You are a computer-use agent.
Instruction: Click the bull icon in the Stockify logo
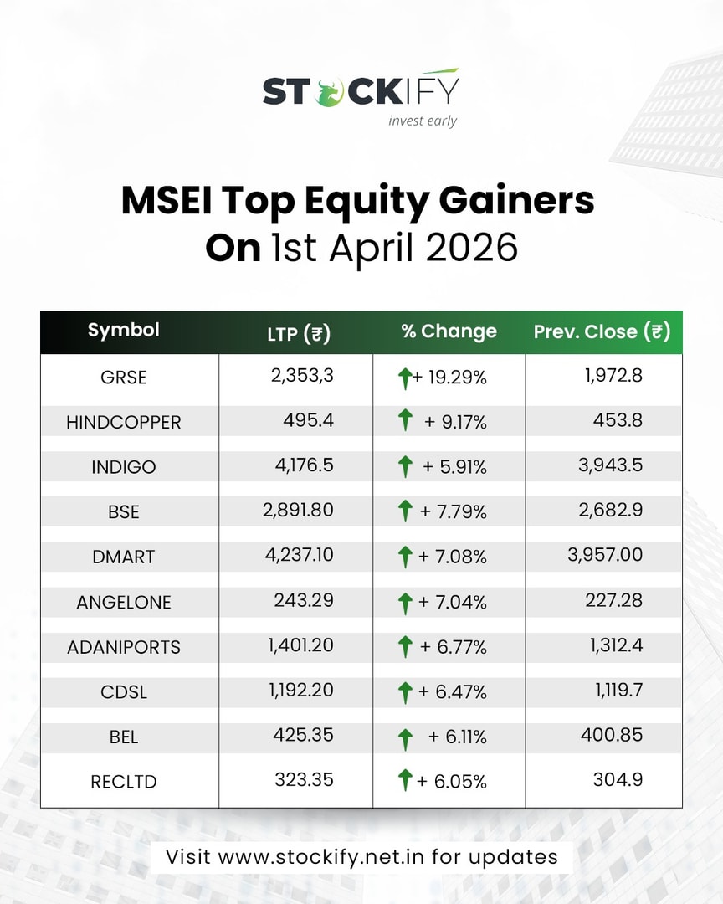coord(329,90)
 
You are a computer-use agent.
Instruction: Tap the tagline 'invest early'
coord(423,121)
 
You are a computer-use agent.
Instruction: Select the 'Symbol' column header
coord(124,330)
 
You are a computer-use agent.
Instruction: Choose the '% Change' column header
coord(449,331)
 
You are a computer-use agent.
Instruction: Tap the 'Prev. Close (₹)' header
coord(602,331)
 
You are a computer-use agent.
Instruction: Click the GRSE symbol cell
coord(123,378)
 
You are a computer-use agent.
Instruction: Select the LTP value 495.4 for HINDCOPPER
coord(309,420)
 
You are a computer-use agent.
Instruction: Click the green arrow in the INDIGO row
coord(406,465)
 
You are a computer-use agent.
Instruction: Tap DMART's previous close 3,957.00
coord(605,555)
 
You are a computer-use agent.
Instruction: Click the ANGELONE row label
coord(124,602)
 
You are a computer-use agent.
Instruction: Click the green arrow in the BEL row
coord(406,737)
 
